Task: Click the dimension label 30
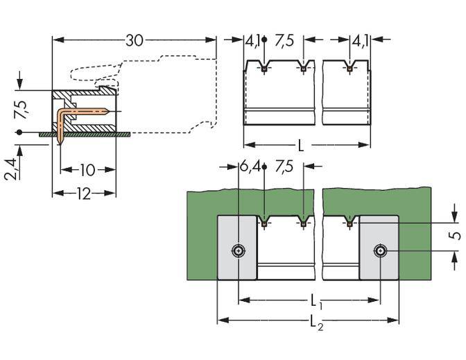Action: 134,40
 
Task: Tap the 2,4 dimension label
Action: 9,169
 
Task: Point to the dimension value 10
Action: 87,170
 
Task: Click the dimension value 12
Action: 83,194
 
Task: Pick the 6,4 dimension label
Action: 250,167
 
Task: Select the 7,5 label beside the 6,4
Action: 284,167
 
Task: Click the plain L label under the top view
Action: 300,146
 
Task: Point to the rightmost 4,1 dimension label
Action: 360,41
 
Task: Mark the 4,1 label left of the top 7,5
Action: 252,41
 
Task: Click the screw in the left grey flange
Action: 239,250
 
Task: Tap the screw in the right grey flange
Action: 379,250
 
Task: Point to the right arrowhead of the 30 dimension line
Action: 213,40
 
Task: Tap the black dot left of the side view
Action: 20,132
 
